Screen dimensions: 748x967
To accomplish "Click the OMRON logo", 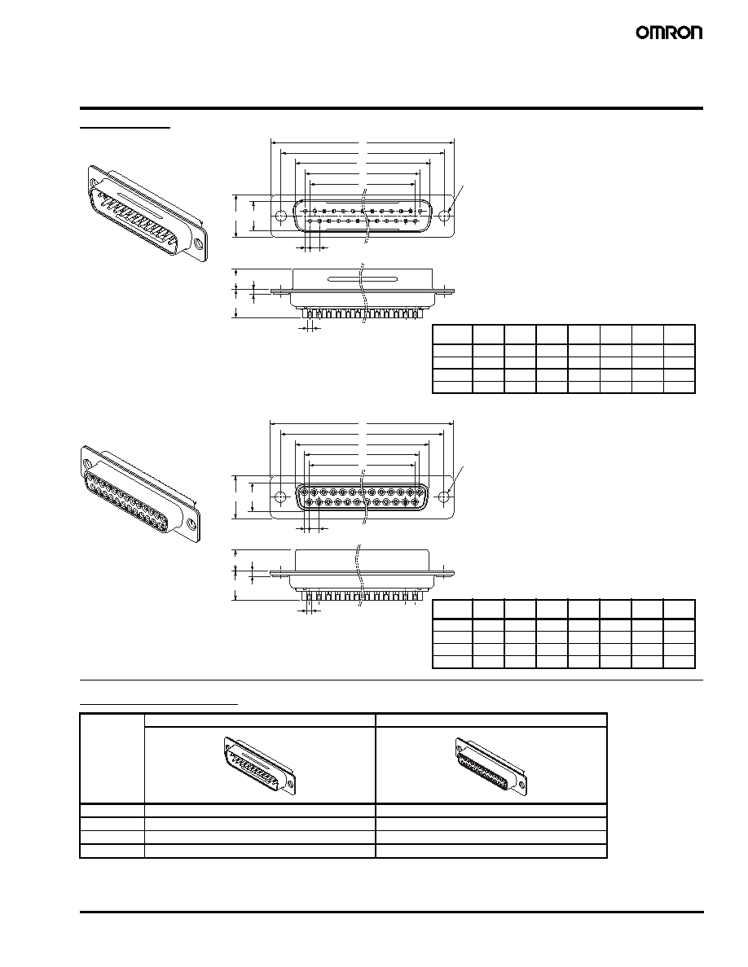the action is [x=669, y=33].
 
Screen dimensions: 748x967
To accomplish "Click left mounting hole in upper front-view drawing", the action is [x=281, y=217].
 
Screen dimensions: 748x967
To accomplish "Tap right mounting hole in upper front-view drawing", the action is [x=446, y=217].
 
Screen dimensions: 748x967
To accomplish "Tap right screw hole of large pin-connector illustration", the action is [x=198, y=245].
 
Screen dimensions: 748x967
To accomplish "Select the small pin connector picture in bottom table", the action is [x=259, y=764].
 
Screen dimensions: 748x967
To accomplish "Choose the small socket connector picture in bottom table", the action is [x=491, y=764].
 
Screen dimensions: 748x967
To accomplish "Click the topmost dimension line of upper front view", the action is [x=363, y=142].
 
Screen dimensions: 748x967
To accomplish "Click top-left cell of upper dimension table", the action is [x=452, y=335].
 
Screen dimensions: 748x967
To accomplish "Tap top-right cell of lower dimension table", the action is [x=680, y=610].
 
